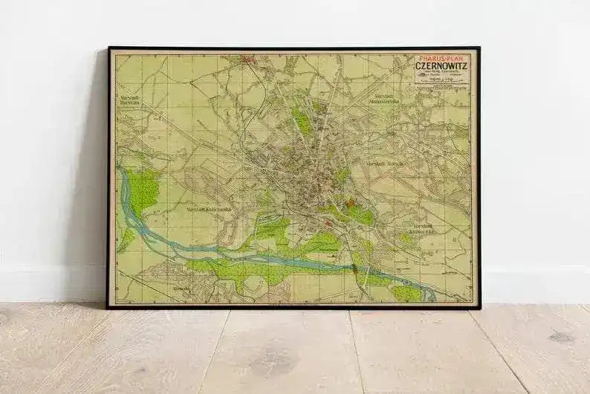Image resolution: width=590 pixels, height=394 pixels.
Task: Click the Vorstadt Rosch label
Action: tap(383, 163)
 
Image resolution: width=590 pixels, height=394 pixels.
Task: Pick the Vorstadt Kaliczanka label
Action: tap(209, 210)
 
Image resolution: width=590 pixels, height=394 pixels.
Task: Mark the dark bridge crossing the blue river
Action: tap(366, 269)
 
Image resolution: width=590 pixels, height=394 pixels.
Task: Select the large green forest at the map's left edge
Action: tap(141, 190)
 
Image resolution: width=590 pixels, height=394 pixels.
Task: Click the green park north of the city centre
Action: tap(302, 120)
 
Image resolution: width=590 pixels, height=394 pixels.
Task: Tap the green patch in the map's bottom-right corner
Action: tap(406, 293)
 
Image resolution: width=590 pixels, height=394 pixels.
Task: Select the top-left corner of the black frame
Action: tap(108, 48)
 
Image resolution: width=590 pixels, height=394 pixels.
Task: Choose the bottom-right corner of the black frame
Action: tap(479, 307)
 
